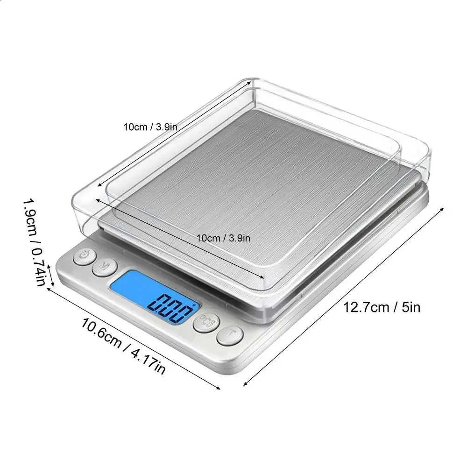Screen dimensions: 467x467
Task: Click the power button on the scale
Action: pyautogui.click(x=85, y=256)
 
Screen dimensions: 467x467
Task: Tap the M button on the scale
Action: pyautogui.click(x=105, y=267)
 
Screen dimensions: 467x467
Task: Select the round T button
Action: pyautogui.click(x=230, y=336)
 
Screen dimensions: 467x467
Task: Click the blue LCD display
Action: pyautogui.click(x=155, y=297)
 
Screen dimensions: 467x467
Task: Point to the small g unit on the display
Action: pyautogui.click(x=194, y=304)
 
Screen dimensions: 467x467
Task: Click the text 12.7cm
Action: pyautogui.click(x=367, y=307)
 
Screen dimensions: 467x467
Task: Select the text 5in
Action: pyautogui.click(x=411, y=307)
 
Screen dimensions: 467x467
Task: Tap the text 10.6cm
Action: pyautogui.click(x=101, y=333)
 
